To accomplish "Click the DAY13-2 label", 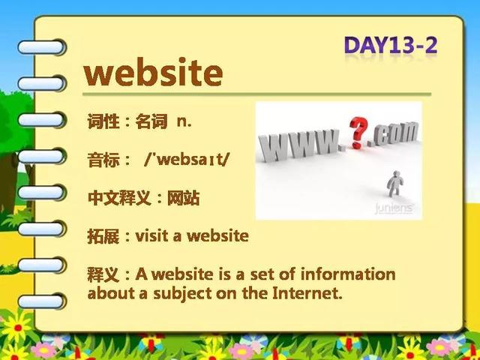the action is point(391,46).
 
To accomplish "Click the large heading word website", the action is point(153,72).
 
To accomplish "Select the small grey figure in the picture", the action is point(395,184).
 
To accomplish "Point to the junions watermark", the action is point(394,208).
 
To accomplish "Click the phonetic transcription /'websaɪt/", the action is point(187,160).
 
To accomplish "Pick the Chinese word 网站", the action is point(183,198).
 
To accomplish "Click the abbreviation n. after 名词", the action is point(184,122).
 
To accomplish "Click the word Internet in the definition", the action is point(307,292).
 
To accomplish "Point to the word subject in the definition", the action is point(182,293).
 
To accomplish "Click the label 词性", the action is point(103,121).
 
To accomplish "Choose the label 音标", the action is point(103,160).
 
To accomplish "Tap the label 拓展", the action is point(103,235).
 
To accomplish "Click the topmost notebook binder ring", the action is point(42,47).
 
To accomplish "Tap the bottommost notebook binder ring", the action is point(42,301).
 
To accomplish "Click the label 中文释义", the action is point(119,198).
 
